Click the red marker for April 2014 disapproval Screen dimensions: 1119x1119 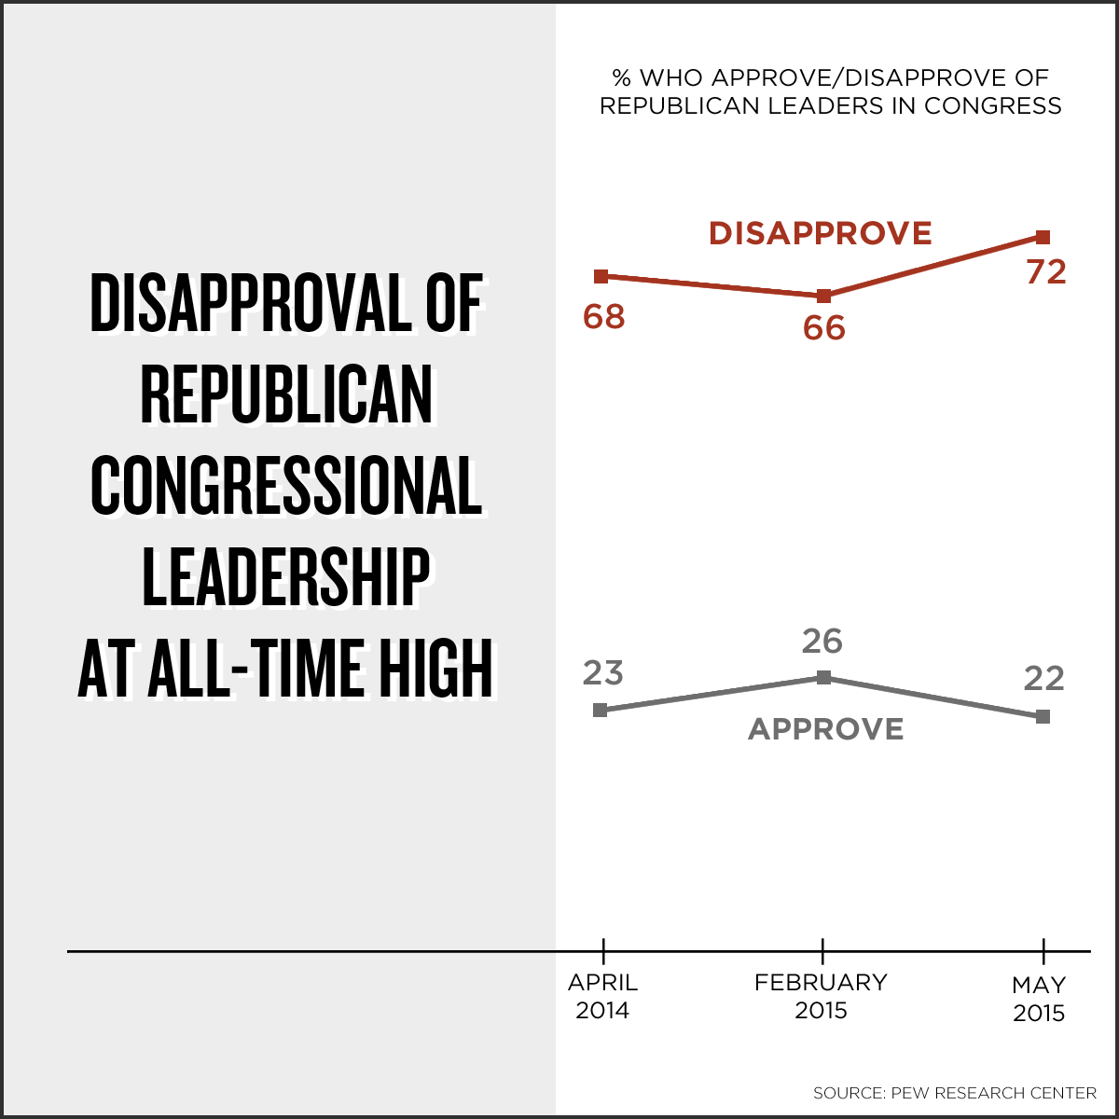click(601, 276)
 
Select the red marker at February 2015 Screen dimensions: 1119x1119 click(823, 297)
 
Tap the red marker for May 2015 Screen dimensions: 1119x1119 click(1043, 237)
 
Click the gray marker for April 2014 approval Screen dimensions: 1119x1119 click(601, 710)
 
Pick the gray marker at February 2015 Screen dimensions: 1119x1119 click(823, 677)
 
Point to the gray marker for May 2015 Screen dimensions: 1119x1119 click(1043, 716)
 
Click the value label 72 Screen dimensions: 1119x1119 click(1045, 272)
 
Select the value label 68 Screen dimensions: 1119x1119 click(603, 317)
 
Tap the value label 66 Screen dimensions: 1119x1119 click(823, 328)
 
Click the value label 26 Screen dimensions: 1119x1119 click(822, 642)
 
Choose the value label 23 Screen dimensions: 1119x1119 click(602, 673)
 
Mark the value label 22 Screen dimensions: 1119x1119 click(1043, 679)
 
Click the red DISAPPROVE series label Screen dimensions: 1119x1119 click(821, 233)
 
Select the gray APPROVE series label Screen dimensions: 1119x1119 click(826, 729)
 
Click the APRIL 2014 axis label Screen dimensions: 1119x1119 click(602, 996)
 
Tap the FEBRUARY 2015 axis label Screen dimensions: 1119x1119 click(821, 996)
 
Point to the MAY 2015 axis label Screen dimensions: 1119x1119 click(1039, 999)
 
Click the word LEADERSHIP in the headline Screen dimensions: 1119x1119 click(286, 578)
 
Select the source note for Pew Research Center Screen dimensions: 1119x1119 click(954, 1093)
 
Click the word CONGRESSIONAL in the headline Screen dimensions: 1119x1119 click(286, 487)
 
